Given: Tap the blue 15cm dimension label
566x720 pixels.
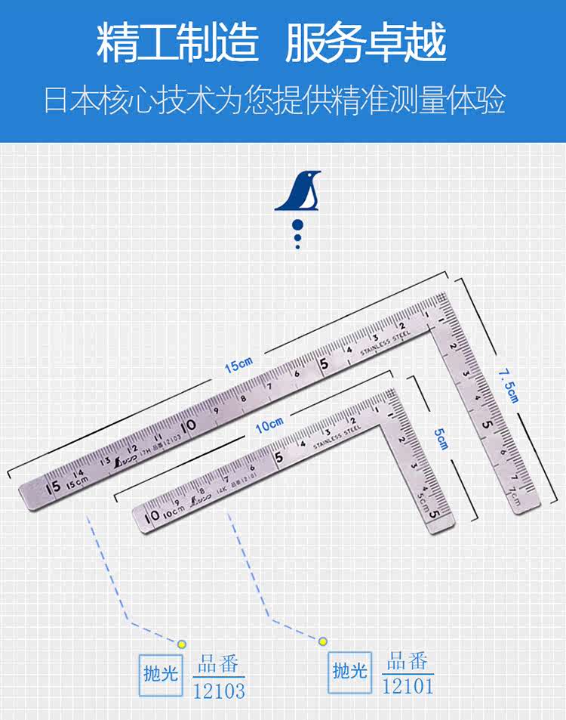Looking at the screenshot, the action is tap(238, 366).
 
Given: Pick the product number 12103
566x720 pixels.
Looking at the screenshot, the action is tap(219, 691).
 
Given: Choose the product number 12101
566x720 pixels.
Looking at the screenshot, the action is tap(408, 686).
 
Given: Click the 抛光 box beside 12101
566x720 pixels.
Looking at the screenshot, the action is tap(350, 669).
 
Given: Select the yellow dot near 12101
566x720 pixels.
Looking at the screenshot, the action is tap(323, 641).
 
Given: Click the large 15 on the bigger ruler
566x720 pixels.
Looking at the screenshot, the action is tap(54, 487).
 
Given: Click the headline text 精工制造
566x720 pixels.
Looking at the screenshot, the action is tap(177, 43).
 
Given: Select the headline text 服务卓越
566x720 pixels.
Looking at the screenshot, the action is tap(366, 43).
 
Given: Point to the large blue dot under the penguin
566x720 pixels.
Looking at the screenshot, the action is tap(297, 224).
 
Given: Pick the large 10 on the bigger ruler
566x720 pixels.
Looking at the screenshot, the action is tap(188, 425).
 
